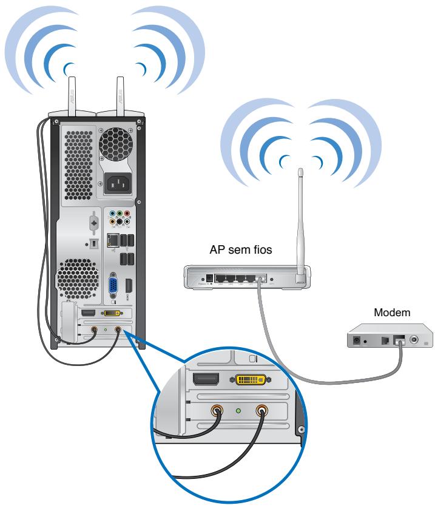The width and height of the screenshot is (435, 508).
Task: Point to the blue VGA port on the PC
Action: tap(113, 288)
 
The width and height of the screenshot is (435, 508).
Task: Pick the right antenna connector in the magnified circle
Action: tap(262, 411)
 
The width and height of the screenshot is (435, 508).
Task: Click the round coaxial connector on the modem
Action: tap(415, 341)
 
